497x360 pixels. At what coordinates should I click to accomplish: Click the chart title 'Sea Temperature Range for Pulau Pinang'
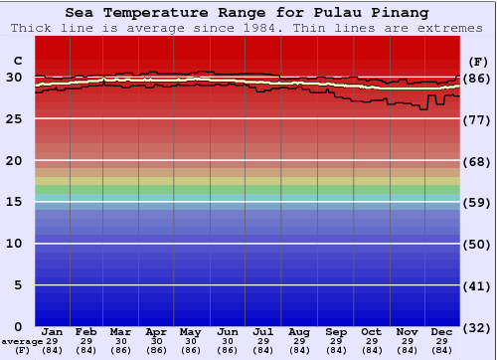[248, 13]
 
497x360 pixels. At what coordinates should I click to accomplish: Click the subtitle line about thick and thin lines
[248, 27]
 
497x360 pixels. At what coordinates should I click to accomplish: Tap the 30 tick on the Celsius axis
[14, 77]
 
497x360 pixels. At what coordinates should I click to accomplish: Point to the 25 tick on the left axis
[14, 118]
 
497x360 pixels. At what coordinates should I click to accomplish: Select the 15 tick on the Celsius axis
[14, 202]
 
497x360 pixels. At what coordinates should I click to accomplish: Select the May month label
[191, 331]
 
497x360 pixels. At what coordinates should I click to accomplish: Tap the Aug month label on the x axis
[298, 331]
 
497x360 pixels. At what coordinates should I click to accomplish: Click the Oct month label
[371, 331]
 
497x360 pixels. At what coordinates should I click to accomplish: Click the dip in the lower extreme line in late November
[424, 107]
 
